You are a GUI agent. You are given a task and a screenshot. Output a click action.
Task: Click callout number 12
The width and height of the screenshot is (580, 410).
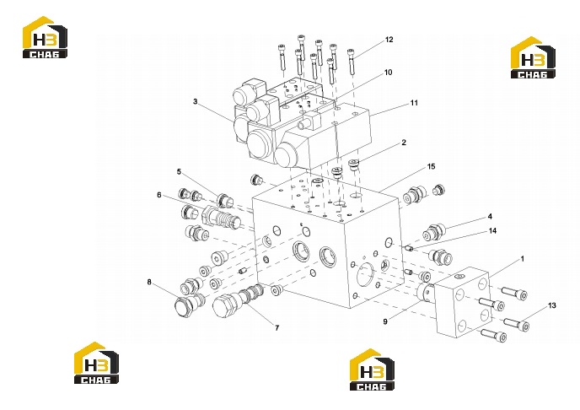tap(389, 40)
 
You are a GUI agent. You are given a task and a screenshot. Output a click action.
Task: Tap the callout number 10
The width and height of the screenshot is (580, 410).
tap(388, 73)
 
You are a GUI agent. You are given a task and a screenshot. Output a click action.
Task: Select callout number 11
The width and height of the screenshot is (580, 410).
tap(414, 103)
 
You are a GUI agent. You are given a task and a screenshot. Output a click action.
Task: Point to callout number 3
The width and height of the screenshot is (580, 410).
tap(195, 101)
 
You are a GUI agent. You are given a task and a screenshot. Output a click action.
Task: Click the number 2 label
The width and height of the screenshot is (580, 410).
tap(404, 143)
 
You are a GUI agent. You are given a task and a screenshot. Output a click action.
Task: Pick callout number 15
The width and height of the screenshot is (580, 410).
tap(432, 166)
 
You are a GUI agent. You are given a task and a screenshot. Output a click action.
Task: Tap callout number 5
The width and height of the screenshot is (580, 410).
tap(179, 172)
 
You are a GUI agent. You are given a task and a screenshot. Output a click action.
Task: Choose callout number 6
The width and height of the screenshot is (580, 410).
tap(159, 195)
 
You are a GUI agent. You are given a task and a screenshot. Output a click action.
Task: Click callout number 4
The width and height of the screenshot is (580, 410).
tap(490, 217)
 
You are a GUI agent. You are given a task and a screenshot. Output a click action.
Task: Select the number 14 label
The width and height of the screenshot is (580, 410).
tap(492, 231)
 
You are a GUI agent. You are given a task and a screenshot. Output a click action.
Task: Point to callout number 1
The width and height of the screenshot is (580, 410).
tap(523, 259)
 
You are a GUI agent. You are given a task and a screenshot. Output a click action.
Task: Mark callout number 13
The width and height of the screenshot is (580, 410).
tap(552, 305)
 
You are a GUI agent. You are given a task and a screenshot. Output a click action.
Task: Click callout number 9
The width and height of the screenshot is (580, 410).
tap(385, 322)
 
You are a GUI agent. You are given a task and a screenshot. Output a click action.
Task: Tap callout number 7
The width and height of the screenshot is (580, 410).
tap(277, 328)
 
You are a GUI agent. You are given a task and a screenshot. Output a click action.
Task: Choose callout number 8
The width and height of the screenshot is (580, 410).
tap(149, 283)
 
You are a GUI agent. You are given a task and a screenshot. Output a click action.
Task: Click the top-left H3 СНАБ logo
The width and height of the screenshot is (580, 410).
tap(46, 37)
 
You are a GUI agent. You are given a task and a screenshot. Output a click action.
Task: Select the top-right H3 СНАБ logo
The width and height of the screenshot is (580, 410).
tap(533, 57)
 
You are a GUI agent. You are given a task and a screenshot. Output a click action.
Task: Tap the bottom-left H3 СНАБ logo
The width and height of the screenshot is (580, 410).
tap(97, 363)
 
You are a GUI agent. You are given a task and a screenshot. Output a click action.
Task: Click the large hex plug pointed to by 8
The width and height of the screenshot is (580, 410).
tap(184, 306)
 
